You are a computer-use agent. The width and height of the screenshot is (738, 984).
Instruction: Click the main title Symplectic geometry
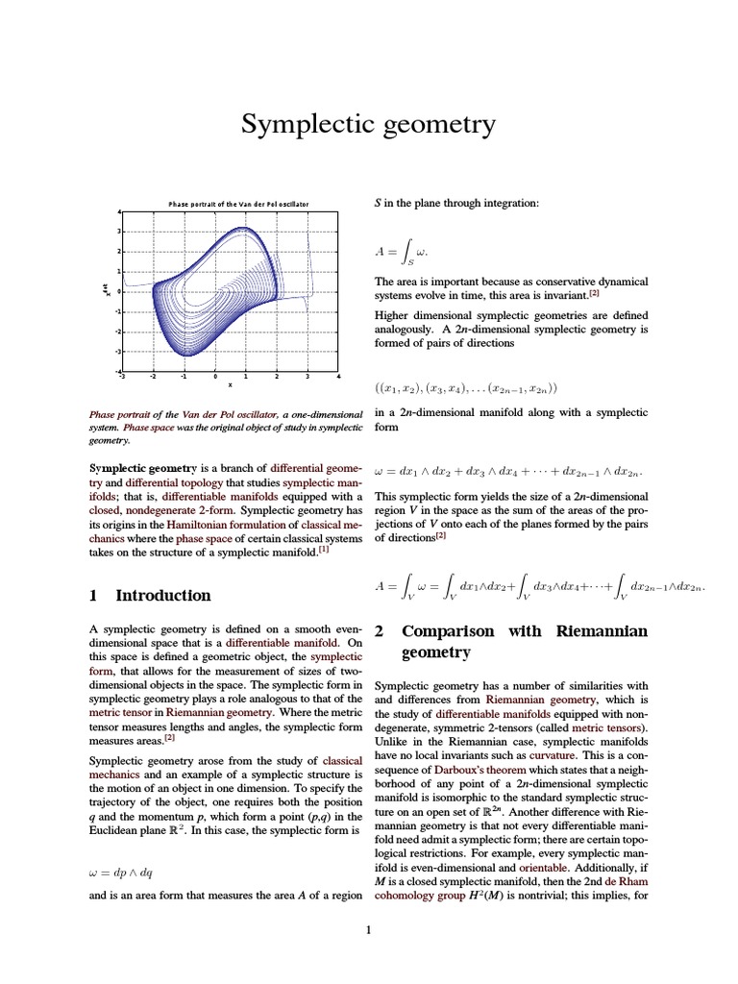click(x=368, y=124)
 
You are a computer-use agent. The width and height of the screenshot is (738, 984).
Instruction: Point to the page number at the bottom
click(x=368, y=929)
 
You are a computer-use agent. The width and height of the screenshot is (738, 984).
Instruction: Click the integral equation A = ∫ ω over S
click(x=401, y=253)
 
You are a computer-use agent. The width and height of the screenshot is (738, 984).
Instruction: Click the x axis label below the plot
click(x=230, y=385)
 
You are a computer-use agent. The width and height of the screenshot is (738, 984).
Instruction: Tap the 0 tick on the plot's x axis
click(x=215, y=377)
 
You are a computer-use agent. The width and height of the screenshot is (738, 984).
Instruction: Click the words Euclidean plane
click(x=127, y=829)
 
